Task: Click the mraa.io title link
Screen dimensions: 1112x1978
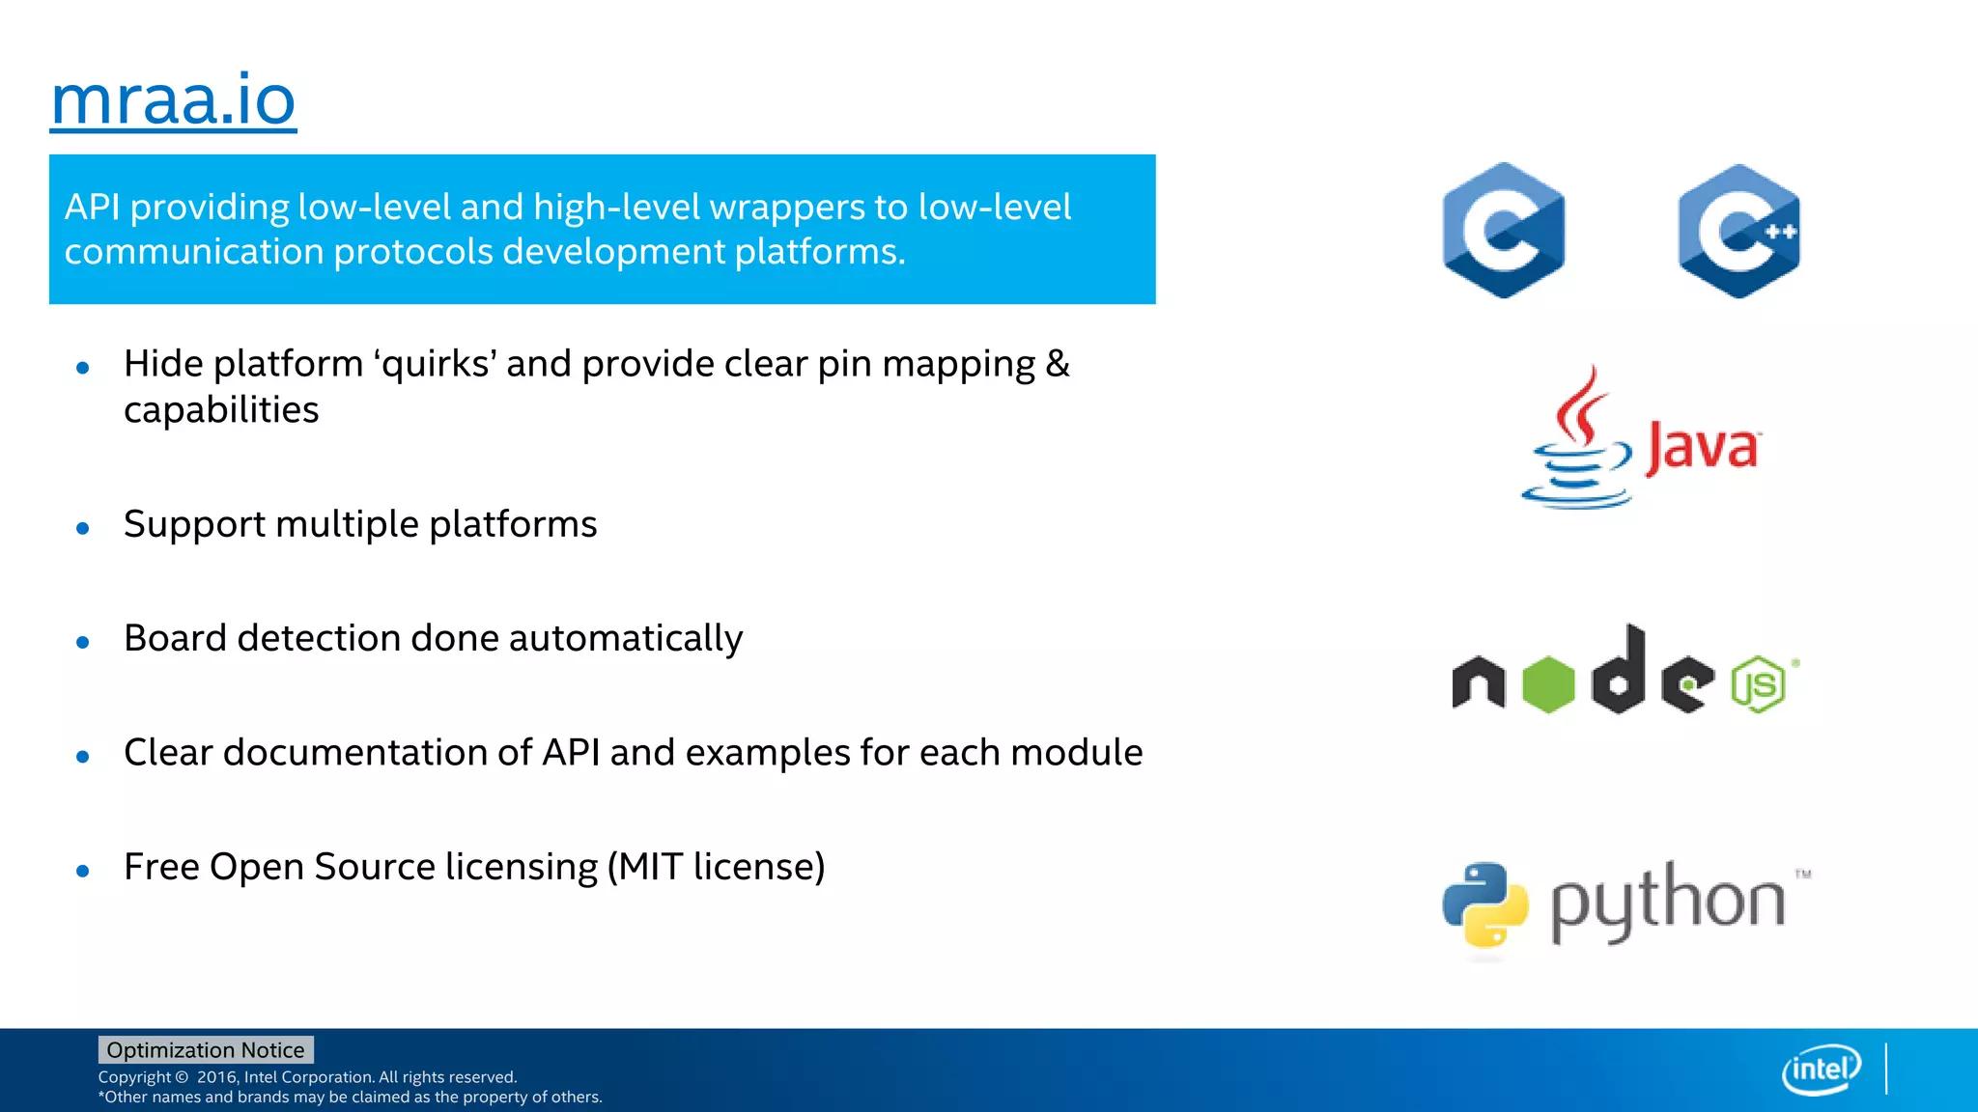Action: [174, 100]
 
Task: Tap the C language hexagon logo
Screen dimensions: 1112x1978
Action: [1503, 231]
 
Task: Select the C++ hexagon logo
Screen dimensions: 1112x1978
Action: [1738, 231]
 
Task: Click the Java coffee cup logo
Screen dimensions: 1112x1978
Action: [1576, 439]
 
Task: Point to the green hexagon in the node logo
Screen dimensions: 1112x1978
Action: [1548, 684]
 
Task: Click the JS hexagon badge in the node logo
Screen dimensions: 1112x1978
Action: [1758, 684]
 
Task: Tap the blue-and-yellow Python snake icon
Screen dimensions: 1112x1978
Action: [1485, 904]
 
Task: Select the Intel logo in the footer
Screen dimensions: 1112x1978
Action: [1821, 1069]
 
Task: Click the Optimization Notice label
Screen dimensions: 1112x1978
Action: [206, 1049]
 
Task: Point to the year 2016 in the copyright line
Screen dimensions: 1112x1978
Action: [216, 1077]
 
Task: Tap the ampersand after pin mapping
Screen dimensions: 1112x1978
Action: [1058, 364]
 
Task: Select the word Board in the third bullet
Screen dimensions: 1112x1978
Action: [175, 638]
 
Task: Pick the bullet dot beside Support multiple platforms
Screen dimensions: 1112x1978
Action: [83, 528]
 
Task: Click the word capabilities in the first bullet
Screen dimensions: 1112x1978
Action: [221, 410]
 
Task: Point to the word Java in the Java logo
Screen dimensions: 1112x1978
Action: [1703, 448]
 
